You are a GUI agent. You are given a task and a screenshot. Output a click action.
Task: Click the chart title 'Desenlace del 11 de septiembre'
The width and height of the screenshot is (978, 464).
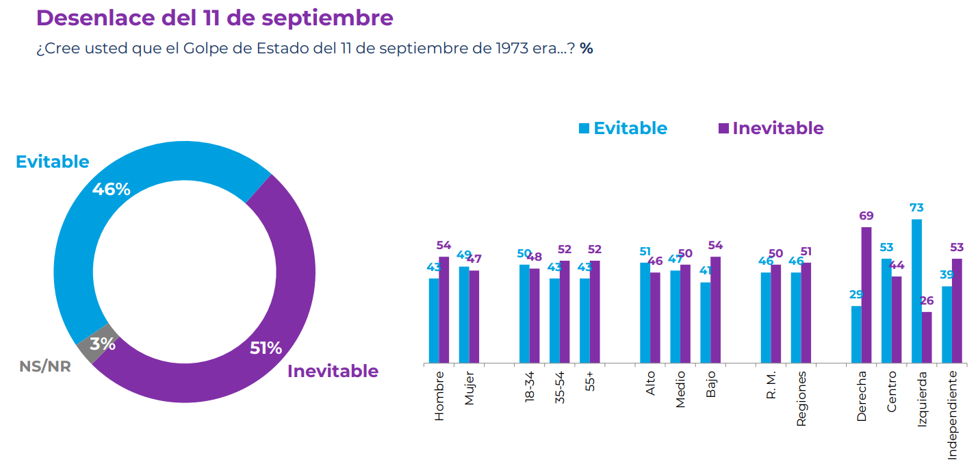click(214, 18)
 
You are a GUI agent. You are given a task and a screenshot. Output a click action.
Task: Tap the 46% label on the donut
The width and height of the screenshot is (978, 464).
click(112, 190)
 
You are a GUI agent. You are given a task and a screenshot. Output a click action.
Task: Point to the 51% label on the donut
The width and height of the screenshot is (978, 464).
click(266, 348)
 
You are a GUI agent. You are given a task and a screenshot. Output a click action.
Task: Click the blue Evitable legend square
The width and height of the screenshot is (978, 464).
click(584, 128)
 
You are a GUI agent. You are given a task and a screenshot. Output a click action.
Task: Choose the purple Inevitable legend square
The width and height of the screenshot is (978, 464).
click(723, 128)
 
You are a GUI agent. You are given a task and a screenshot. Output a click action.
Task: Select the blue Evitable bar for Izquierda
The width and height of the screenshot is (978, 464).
click(916, 291)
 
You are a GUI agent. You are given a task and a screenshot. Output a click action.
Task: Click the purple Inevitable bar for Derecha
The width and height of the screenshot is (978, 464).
click(866, 295)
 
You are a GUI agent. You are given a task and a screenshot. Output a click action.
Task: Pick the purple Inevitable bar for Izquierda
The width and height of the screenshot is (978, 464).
click(927, 337)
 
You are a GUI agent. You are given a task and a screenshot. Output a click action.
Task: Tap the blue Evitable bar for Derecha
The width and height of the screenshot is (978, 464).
click(856, 334)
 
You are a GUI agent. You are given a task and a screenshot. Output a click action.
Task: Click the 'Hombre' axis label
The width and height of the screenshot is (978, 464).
click(439, 396)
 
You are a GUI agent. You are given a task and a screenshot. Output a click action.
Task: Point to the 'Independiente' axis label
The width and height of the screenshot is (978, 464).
click(952, 415)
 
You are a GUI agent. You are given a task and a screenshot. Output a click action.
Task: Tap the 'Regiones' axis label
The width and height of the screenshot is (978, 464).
click(801, 399)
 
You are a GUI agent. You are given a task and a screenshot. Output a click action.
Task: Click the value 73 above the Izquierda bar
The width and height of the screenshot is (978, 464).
click(916, 208)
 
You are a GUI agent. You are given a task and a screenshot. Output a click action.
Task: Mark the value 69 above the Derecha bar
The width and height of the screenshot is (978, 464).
click(866, 216)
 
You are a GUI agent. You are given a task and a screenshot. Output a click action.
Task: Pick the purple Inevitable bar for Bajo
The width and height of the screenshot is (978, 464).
click(715, 309)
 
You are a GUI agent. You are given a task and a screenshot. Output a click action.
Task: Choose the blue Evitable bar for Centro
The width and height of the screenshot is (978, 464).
click(886, 311)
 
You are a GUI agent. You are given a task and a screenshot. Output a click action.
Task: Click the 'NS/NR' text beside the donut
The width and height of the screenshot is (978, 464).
click(45, 366)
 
